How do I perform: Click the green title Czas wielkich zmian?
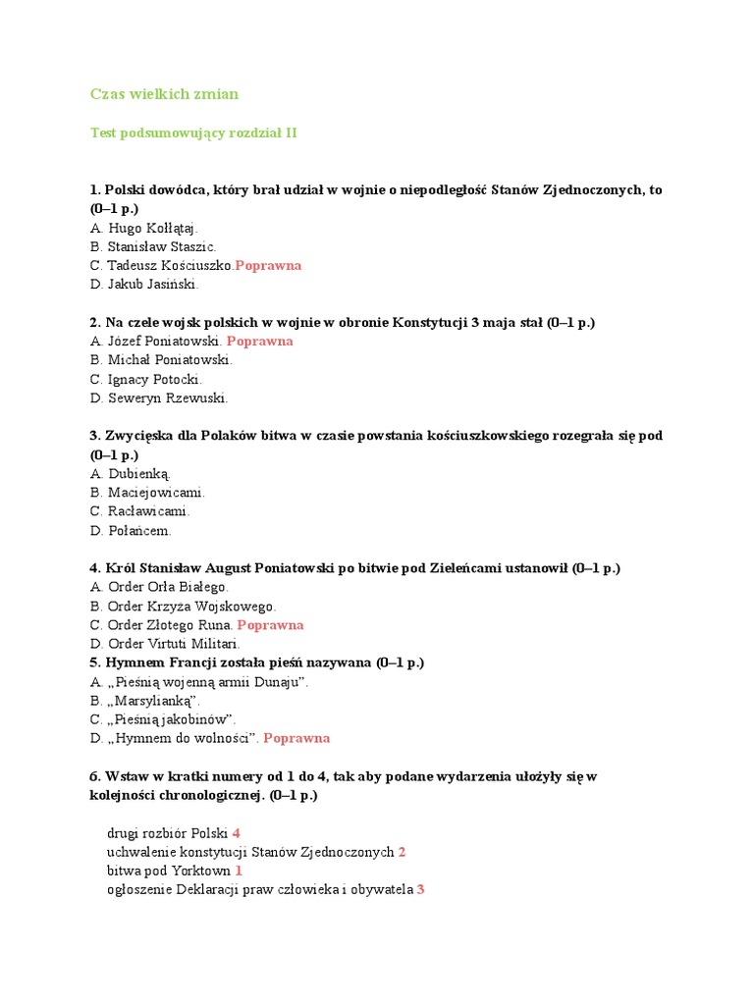pos(164,94)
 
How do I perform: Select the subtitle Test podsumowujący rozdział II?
pos(193,132)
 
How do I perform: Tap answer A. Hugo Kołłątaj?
pos(143,228)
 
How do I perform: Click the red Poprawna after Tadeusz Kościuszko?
pos(268,265)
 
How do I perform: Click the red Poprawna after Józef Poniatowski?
pos(260,341)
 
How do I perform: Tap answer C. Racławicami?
pos(139,511)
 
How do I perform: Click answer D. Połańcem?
pos(131,530)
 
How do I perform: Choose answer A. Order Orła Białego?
pos(159,587)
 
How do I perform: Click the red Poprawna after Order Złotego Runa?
pos(271,624)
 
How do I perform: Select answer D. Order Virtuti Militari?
pos(165,644)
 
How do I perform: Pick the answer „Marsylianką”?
pos(145,701)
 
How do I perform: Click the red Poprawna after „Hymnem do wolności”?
pos(296,738)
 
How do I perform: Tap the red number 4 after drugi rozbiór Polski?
pos(237,833)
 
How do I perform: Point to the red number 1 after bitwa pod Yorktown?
pos(239,871)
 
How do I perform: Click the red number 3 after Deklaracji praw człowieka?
pos(420,889)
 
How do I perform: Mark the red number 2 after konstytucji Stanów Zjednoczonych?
pos(403,852)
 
